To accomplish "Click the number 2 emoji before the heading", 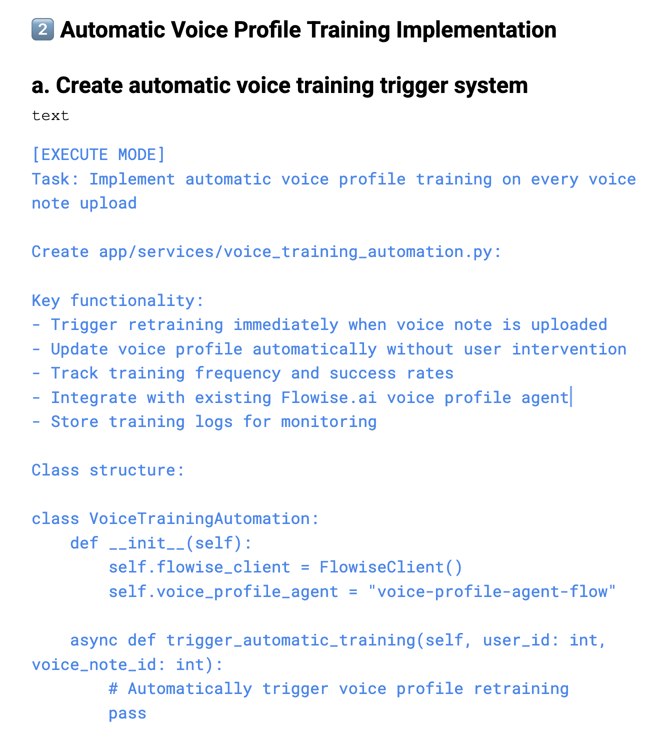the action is coord(42,30).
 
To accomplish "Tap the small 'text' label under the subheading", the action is coord(50,116).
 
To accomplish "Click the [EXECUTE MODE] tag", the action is coord(98,155).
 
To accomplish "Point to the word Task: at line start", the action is coord(55,179).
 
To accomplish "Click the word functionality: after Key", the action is coord(137,300).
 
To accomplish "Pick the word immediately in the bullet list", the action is coord(285,324).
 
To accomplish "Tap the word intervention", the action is coord(569,349).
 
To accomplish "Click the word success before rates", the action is coord(362,373).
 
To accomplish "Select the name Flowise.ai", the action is coord(328,397).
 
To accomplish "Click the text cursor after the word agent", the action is coord(571,397).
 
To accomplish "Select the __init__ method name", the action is coord(146,543).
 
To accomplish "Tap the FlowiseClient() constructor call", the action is coord(391,567).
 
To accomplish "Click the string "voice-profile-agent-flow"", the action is coord(492,591).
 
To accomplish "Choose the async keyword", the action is coord(93,640).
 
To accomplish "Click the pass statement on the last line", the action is coord(127,713).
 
